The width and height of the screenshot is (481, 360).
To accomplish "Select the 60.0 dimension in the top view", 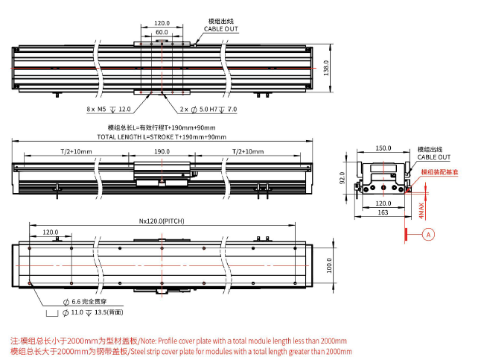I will click(x=161, y=33).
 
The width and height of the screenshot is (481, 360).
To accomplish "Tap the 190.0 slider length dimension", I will click(x=162, y=151).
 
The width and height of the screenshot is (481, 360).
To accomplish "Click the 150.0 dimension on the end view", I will click(x=383, y=148).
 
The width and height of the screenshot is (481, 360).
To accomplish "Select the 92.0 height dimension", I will click(x=344, y=180).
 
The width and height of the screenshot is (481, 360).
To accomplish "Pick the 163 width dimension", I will click(x=383, y=212).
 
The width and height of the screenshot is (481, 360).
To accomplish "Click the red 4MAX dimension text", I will click(x=421, y=210).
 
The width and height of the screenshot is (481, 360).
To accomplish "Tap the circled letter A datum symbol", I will click(x=428, y=233).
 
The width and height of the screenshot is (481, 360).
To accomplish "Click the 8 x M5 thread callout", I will click(x=109, y=110).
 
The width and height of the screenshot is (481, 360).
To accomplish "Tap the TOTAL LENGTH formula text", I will click(x=161, y=137).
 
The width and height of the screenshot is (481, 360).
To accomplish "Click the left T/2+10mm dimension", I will click(x=77, y=151).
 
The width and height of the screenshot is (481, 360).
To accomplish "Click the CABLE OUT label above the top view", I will click(x=221, y=29).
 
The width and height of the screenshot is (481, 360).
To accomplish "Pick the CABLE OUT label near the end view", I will click(x=433, y=157).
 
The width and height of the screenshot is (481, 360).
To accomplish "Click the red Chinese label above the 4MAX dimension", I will click(x=439, y=171).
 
